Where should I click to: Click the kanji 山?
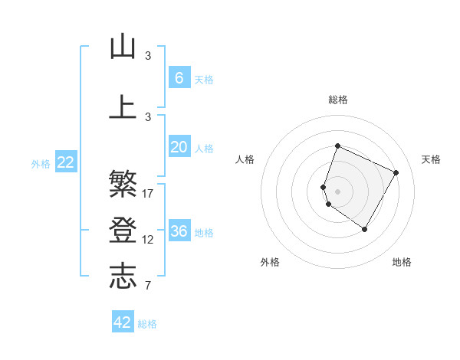(123, 47)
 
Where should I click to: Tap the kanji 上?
(123, 106)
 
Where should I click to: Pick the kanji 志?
(123, 277)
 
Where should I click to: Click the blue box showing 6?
(179, 78)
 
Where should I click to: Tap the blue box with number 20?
(179, 147)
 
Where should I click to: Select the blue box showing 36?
(179, 231)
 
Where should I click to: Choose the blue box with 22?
(66, 162)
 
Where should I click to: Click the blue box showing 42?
(123, 322)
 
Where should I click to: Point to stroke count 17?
(148, 194)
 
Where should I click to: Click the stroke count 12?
(148, 240)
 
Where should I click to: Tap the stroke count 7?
(148, 286)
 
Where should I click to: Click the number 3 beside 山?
(148, 55)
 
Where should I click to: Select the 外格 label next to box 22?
(41, 163)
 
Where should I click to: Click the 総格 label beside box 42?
(147, 324)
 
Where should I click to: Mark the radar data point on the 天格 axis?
(396, 172)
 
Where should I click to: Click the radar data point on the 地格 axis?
(365, 229)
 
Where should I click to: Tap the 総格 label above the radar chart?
(337, 100)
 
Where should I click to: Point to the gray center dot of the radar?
(337, 191)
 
